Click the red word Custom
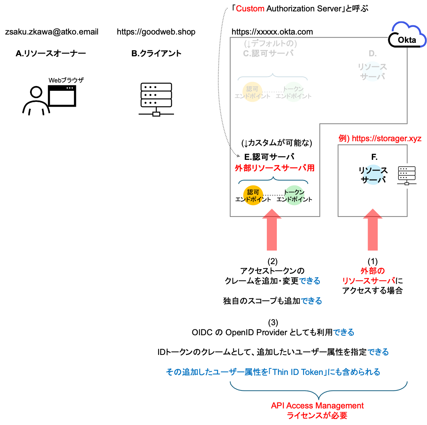tap(250, 9)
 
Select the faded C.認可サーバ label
tap(268, 54)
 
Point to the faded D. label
tap(372, 54)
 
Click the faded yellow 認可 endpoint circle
tap(252, 92)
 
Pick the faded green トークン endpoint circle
tap(293, 92)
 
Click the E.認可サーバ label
tap(269, 157)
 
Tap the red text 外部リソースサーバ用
tap(274, 168)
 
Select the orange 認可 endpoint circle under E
tap(253, 195)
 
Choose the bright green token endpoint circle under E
tap(294, 195)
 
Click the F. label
tap(374, 157)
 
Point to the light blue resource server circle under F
tap(373, 175)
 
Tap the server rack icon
tap(407, 176)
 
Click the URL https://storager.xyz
tap(386, 138)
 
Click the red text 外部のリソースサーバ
tap(369, 276)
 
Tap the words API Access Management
tap(317, 405)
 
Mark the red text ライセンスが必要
tap(317, 415)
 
